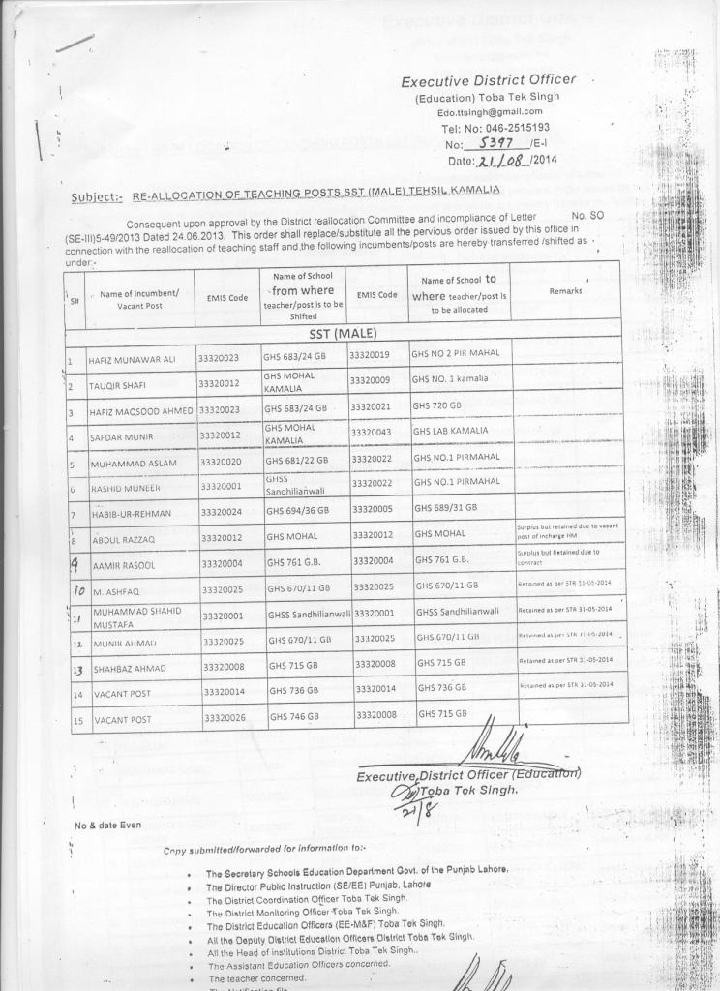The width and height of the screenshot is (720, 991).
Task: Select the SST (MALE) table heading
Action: (343, 334)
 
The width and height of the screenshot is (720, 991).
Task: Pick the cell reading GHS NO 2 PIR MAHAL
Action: (456, 353)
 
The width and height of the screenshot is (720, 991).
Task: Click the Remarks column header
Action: (565, 290)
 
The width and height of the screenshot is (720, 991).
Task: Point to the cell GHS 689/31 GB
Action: (446, 507)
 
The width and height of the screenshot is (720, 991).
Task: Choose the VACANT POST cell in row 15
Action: (122, 720)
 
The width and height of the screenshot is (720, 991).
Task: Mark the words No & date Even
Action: (107, 825)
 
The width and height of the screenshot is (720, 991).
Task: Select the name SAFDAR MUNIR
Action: (121, 437)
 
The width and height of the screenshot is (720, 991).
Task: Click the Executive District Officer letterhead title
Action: (488, 80)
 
